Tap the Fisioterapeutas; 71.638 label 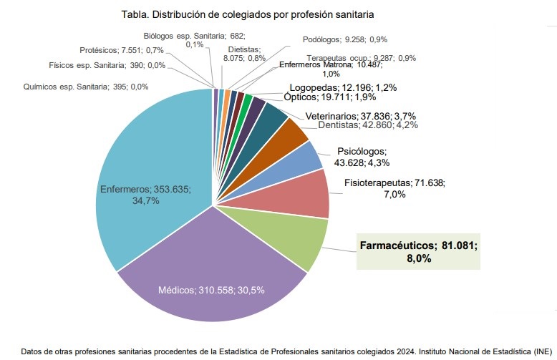click(x=394, y=188)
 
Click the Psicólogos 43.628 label click(x=360, y=157)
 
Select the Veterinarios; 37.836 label click(x=361, y=115)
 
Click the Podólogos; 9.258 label click(x=354, y=39)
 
